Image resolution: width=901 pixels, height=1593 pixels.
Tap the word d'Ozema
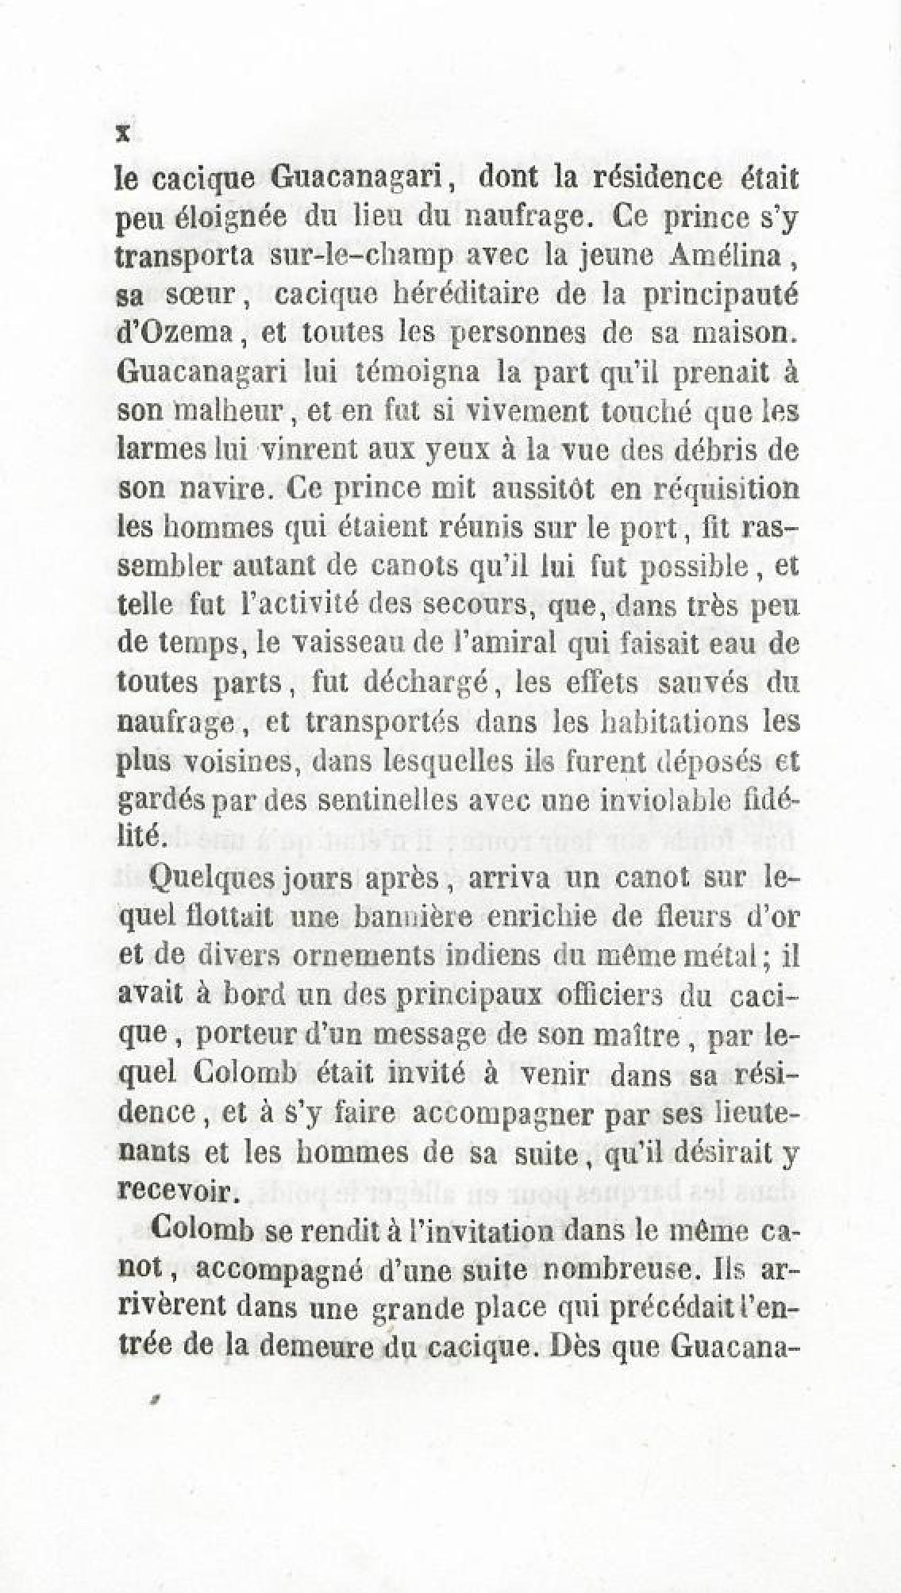[x=172, y=333]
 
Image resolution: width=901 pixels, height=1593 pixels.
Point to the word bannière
[x=410, y=918]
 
